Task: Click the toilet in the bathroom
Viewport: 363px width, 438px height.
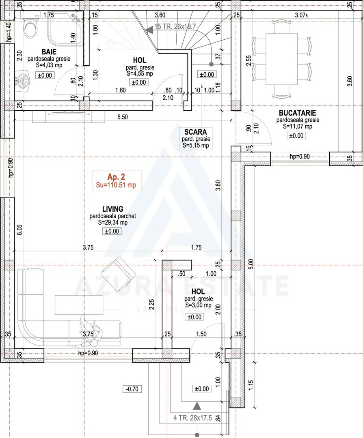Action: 30,28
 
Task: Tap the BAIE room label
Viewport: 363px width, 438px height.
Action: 48,52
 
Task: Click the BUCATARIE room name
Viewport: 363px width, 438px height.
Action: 298,113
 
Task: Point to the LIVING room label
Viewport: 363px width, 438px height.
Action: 112,209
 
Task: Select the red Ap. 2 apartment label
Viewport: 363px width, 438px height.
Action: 116,177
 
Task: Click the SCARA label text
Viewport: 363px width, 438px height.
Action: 195,132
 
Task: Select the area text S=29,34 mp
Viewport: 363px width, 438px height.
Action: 112,223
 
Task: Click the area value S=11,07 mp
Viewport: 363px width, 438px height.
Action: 298,127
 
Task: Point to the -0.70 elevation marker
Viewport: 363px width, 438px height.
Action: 132,389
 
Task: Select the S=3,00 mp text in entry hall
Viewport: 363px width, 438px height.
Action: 198,305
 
